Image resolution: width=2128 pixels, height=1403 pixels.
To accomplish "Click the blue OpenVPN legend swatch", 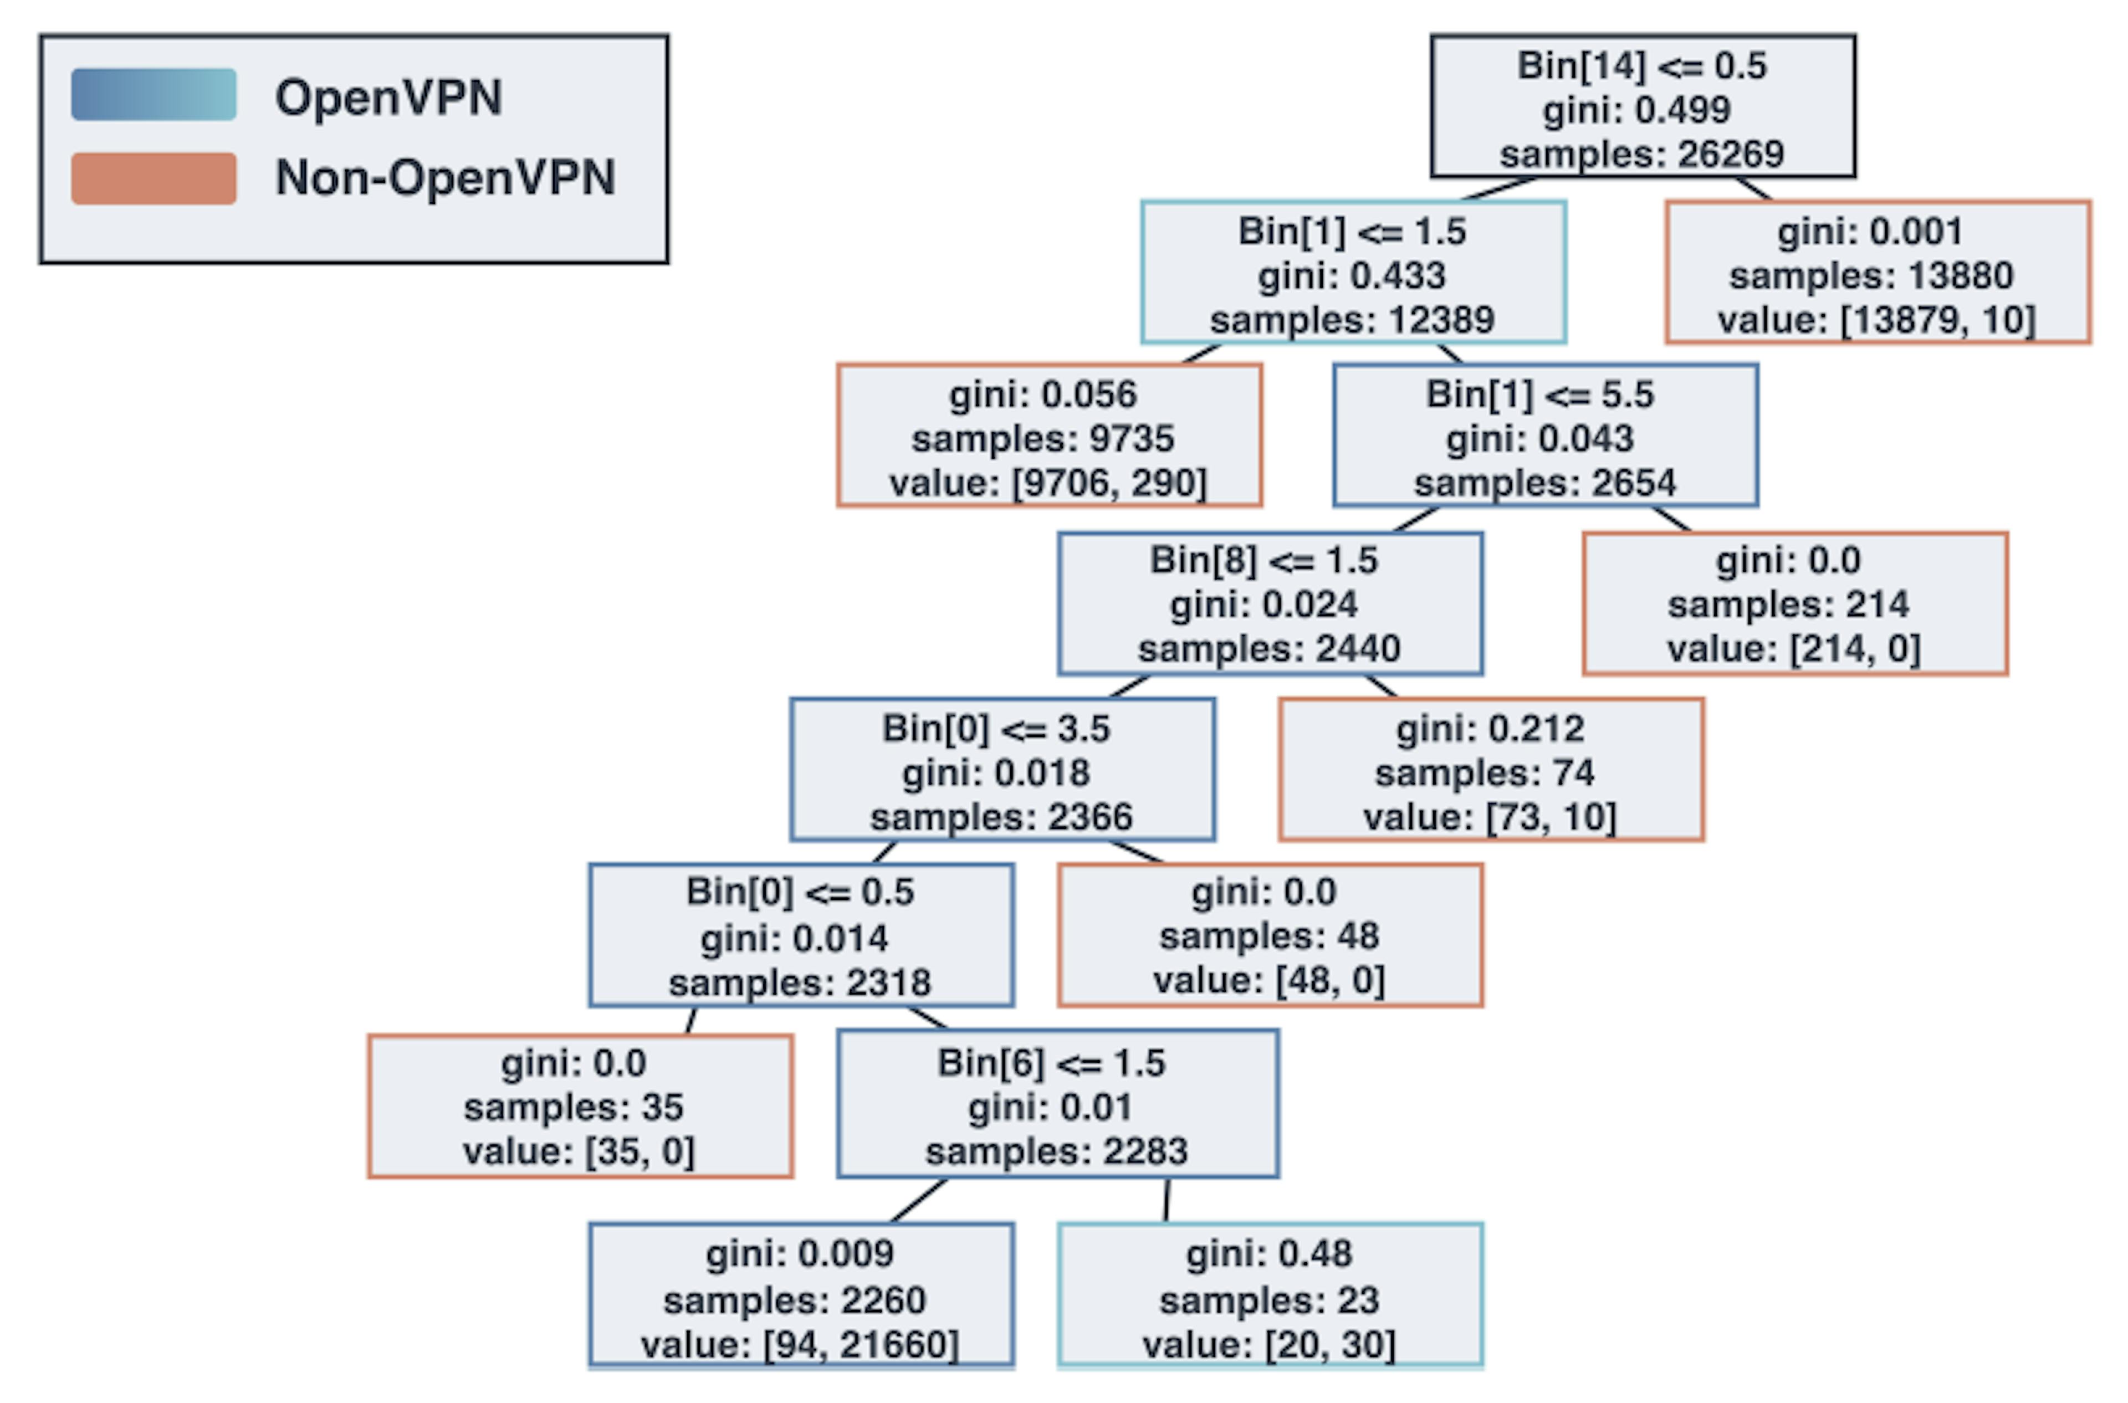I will (x=154, y=95).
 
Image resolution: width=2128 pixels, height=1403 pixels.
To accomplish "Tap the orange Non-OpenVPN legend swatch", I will (x=154, y=178).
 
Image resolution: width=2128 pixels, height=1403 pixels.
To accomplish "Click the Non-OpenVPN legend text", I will (x=445, y=177).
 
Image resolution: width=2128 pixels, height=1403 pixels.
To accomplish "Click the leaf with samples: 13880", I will (x=1878, y=272).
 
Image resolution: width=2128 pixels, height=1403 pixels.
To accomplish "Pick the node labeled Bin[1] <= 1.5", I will (x=1353, y=272).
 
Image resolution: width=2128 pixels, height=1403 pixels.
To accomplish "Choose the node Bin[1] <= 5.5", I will (x=1544, y=436).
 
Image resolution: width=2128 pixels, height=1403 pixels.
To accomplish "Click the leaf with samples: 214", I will (x=1794, y=603).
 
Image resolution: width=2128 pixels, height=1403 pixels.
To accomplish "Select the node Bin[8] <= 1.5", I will (x=1270, y=603).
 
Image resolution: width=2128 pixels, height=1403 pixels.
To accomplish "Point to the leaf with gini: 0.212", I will (x=1491, y=770).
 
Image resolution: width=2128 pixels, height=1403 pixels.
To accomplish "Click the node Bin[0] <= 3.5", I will (x=1002, y=770).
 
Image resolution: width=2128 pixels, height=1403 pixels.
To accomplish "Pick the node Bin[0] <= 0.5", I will (x=801, y=935).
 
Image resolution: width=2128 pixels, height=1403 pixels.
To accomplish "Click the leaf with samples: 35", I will (x=580, y=1106).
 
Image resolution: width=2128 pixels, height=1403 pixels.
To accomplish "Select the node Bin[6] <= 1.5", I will (x=1058, y=1104).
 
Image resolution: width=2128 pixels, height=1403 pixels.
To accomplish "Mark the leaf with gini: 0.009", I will (x=801, y=1296).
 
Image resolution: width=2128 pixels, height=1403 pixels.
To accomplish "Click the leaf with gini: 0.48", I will (x=1270, y=1296).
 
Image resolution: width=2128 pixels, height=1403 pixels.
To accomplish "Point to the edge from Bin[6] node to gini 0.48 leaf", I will (x=1166, y=1201).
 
